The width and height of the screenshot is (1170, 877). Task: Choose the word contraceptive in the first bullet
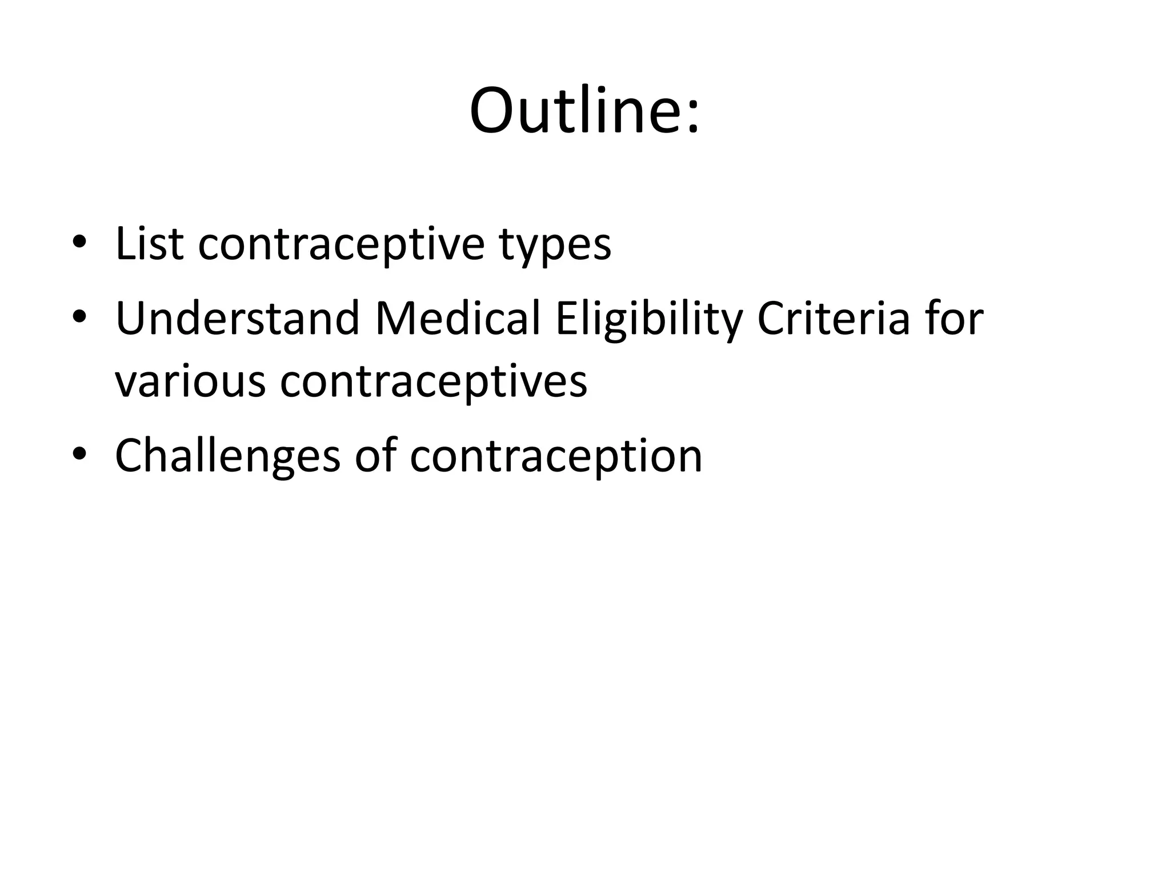(x=341, y=245)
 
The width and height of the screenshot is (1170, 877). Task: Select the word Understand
(x=237, y=319)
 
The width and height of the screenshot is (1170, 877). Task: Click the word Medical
(x=458, y=319)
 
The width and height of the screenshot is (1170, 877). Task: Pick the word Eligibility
(x=648, y=320)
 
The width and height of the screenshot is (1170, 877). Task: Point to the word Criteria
(x=834, y=319)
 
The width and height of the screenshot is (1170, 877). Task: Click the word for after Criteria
(x=955, y=319)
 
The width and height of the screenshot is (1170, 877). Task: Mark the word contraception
(x=556, y=457)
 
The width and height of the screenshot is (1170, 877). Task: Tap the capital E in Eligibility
(x=566, y=319)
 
